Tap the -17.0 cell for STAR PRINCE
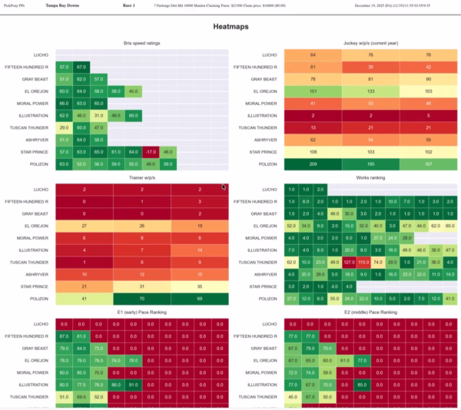click(151, 152)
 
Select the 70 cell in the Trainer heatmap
click(142, 297)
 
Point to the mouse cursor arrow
click(224, 187)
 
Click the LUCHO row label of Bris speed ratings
click(42, 55)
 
